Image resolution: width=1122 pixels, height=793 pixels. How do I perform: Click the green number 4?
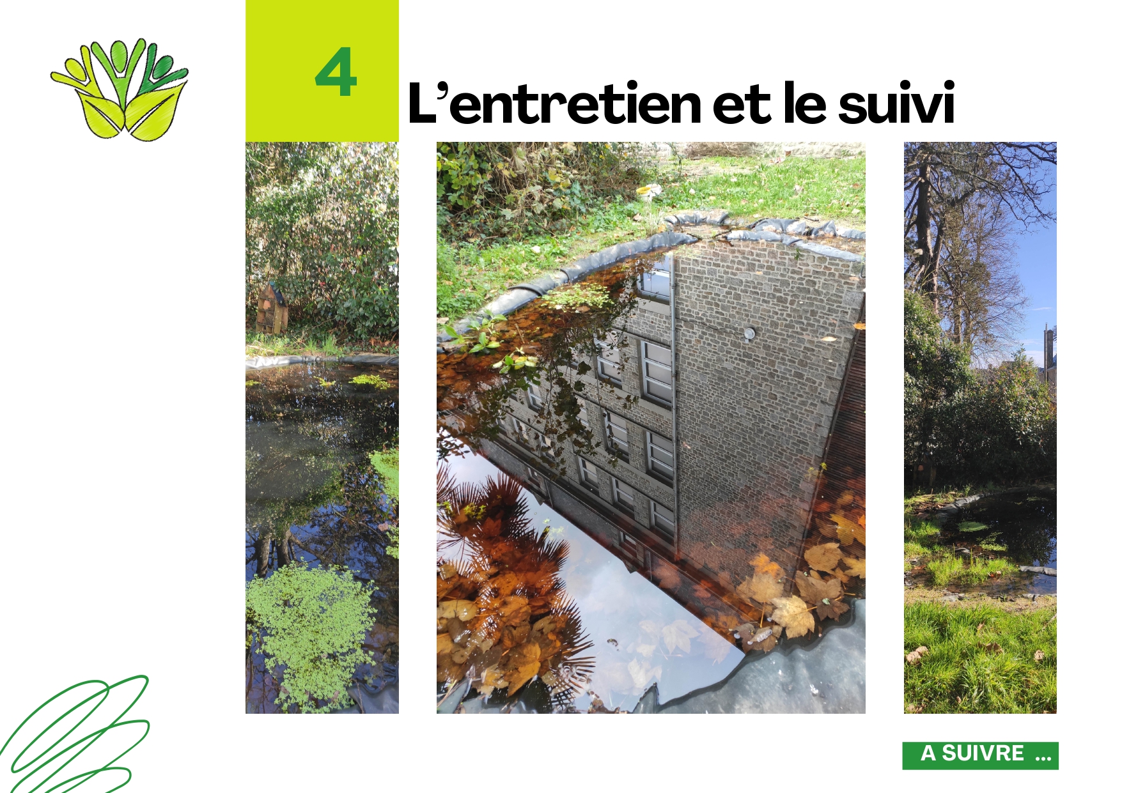[336, 72]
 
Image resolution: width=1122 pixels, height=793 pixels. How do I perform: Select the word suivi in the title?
[896, 103]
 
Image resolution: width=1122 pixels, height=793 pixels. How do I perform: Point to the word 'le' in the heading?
[804, 103]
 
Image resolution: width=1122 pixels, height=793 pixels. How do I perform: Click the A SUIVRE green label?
[980, 755]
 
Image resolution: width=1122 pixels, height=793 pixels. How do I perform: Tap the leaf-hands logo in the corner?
[120, 89]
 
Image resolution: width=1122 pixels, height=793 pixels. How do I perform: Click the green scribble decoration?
[74, 735]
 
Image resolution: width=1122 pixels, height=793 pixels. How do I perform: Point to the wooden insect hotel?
[271, 308]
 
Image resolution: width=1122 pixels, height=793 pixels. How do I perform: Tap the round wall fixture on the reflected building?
[749, 333]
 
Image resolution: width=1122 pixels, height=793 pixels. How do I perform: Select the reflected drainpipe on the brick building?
[673, 403]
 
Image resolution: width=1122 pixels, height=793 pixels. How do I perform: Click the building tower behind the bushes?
[1048, 351]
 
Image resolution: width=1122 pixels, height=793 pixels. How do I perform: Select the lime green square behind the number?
[322, 71]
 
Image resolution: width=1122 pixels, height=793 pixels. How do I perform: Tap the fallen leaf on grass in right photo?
[917, 654]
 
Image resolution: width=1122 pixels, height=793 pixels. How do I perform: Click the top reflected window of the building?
[655, 279]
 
